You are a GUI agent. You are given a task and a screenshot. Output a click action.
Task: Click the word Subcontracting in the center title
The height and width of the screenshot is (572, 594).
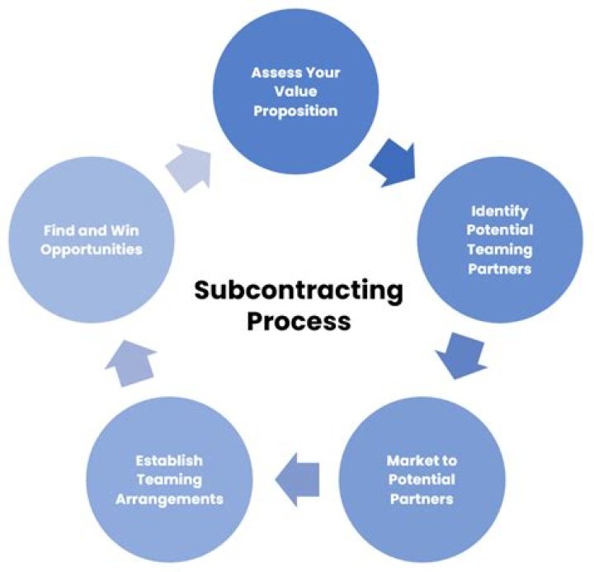[x=299, y=291]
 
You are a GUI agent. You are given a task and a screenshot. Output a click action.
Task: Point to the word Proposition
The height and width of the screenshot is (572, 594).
[x=296, y=111]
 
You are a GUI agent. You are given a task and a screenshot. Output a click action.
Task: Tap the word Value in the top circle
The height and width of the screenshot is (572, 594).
[x=296, y=92]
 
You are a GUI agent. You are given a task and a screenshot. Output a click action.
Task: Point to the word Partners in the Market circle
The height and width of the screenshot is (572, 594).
[x=421, y=499]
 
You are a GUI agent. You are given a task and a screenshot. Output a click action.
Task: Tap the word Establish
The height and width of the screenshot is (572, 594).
[x=170, y=460]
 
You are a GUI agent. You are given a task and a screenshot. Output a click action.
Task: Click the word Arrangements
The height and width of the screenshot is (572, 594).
[x=170, y=498]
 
